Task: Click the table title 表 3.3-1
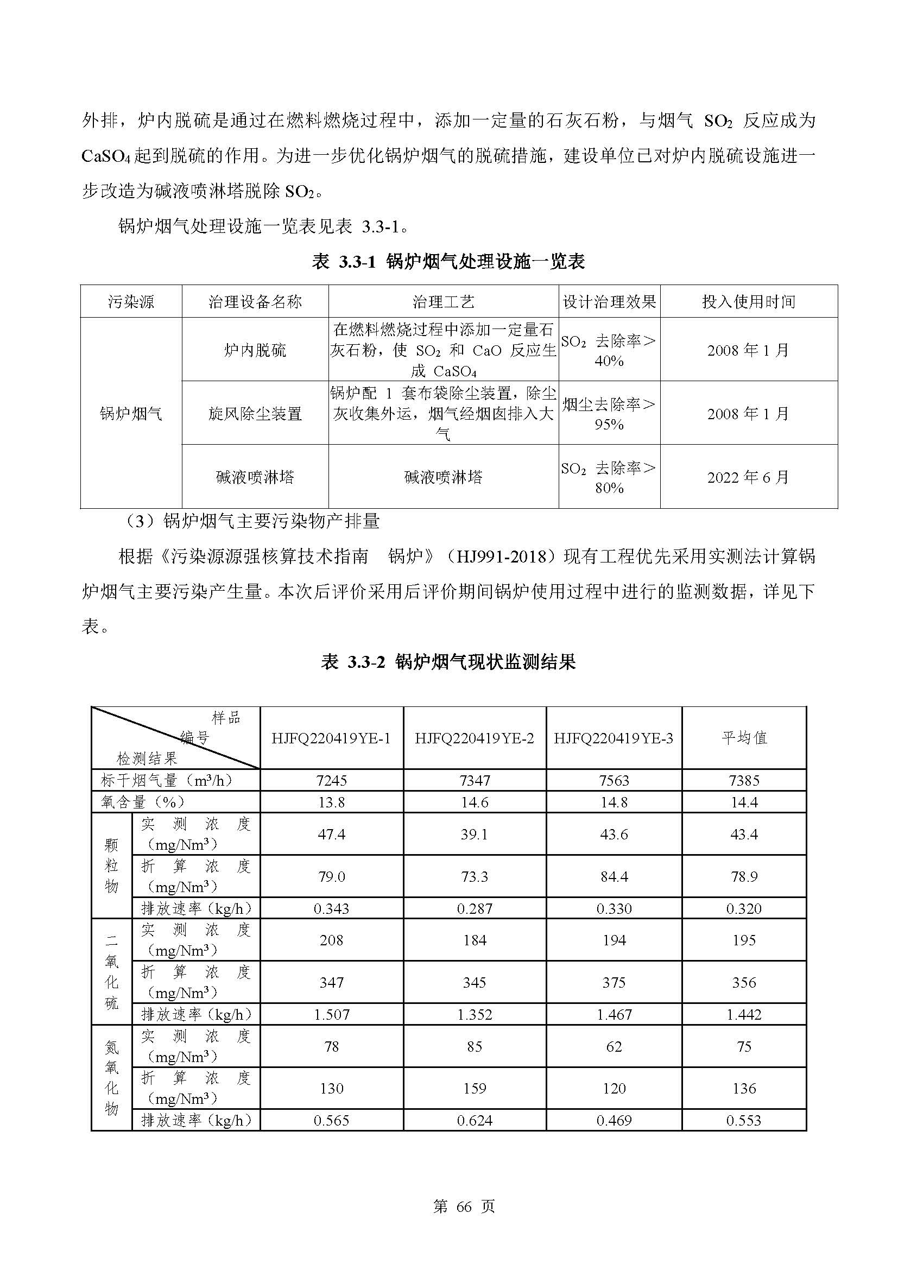click(448, 262)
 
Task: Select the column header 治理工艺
click(443, 301)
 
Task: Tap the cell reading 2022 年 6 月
click(748, 477)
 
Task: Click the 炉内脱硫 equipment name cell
click(255, 350)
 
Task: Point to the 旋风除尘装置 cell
click(255, 413)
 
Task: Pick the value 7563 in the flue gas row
click(614, 780)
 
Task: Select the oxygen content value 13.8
click(331, 802)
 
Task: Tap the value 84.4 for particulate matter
click(614, 877)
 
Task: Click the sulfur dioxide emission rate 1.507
click(331, 1014)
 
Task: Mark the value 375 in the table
click(614, 983)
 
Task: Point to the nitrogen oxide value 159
click(475, 1089)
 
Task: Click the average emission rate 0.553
click(744, 1121)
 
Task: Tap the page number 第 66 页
click(463, 1206)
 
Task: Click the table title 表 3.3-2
click(448, 661)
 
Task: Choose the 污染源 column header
click(131, 301)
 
